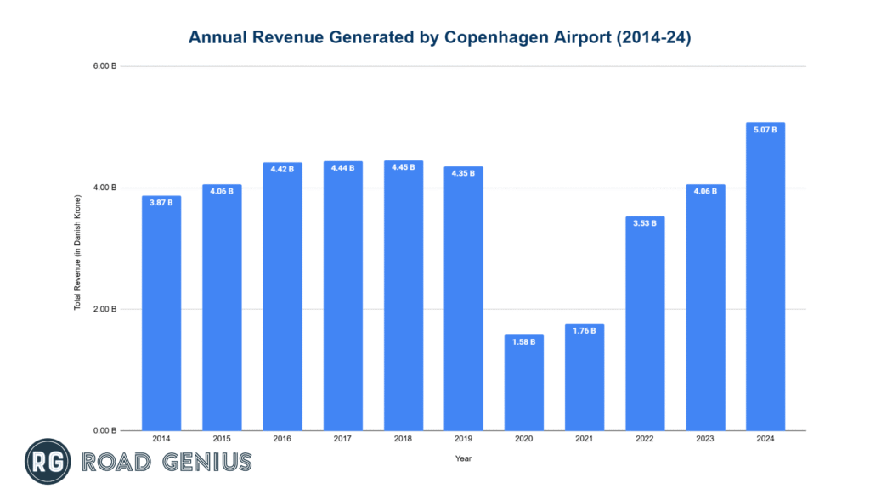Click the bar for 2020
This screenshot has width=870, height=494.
click(523, 382)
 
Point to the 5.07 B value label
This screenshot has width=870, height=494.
click(765, 131)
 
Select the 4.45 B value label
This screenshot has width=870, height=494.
click(403, 168)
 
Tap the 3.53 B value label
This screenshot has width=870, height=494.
click(645, 224)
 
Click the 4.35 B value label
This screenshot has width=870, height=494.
click(463, 174)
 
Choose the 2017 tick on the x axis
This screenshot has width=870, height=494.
click(342, 439)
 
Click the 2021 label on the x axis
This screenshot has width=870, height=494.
click(585, 439)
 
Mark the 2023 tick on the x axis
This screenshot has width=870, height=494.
click(705, 439)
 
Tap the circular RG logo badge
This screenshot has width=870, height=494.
click(47, 462)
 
